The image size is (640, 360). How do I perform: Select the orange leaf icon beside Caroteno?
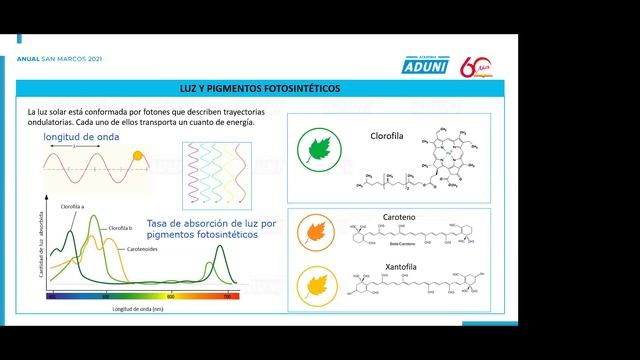(x=317, y=233)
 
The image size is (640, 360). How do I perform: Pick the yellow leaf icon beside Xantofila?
(x=317, y=286)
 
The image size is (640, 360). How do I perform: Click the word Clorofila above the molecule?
(x=387, y=135)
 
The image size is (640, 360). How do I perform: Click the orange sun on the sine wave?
(x=138, y=155)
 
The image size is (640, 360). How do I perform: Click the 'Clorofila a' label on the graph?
(x=72, y=206)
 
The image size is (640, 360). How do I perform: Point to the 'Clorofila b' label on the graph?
(x=120, y=228)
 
